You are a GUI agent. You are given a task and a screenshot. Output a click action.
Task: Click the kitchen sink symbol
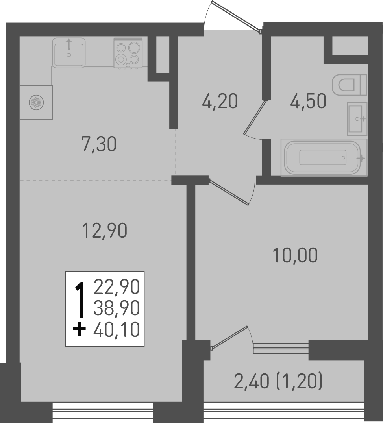69,52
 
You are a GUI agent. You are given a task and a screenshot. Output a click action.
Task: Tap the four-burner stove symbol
128,53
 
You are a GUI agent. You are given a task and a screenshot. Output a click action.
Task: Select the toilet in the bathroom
349,85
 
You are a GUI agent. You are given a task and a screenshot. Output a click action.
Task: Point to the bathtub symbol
324,157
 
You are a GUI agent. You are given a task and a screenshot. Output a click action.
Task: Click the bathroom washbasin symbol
357,118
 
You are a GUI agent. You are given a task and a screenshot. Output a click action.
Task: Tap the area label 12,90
104,230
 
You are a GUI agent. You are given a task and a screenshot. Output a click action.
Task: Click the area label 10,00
294,256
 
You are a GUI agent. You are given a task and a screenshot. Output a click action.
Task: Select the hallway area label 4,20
220,102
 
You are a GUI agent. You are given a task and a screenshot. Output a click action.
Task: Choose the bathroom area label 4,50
308,102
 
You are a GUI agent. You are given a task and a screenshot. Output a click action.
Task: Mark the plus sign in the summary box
80,329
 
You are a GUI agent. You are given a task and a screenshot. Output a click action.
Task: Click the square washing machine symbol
36,102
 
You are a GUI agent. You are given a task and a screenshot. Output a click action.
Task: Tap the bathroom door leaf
255,117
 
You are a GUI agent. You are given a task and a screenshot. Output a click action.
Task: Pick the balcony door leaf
229,337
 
